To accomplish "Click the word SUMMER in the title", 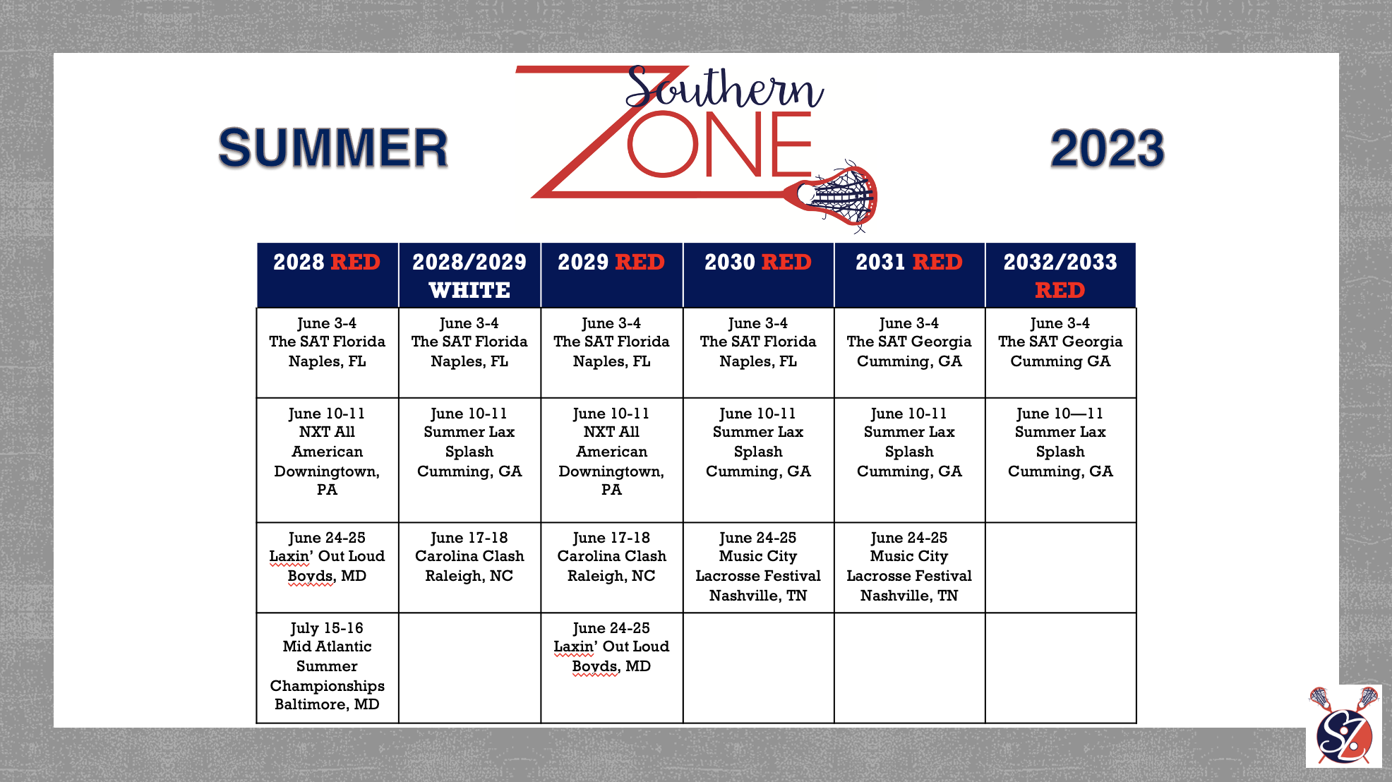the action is click(x=333, y=148).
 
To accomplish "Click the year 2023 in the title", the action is click(x=1107, y=148).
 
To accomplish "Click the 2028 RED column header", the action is click(x=328, y=275).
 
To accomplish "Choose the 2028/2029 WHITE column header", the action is click(x=470, y=275).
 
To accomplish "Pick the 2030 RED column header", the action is click(x=758, y=275).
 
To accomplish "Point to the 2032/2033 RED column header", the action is click(x=1060, y=275).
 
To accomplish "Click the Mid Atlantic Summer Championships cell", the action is click(x=328, y=668).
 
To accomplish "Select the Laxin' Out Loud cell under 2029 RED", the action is click(x=612, y=668).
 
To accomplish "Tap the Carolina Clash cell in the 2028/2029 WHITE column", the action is click(x=470, y=567).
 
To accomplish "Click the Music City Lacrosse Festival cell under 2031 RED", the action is click(x=909, y=567).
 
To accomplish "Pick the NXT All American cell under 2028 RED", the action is click(x=328, y=460).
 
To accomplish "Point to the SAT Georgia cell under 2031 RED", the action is click(x=909, y=353).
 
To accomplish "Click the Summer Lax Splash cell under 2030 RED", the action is click(x=758, y=460).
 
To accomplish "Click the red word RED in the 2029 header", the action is click(x=640, y=262).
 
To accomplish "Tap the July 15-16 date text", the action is click(x=327, y=627).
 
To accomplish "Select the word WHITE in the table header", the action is click(x=469, y=290).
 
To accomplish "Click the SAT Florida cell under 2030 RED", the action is click(x=758, y=353).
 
